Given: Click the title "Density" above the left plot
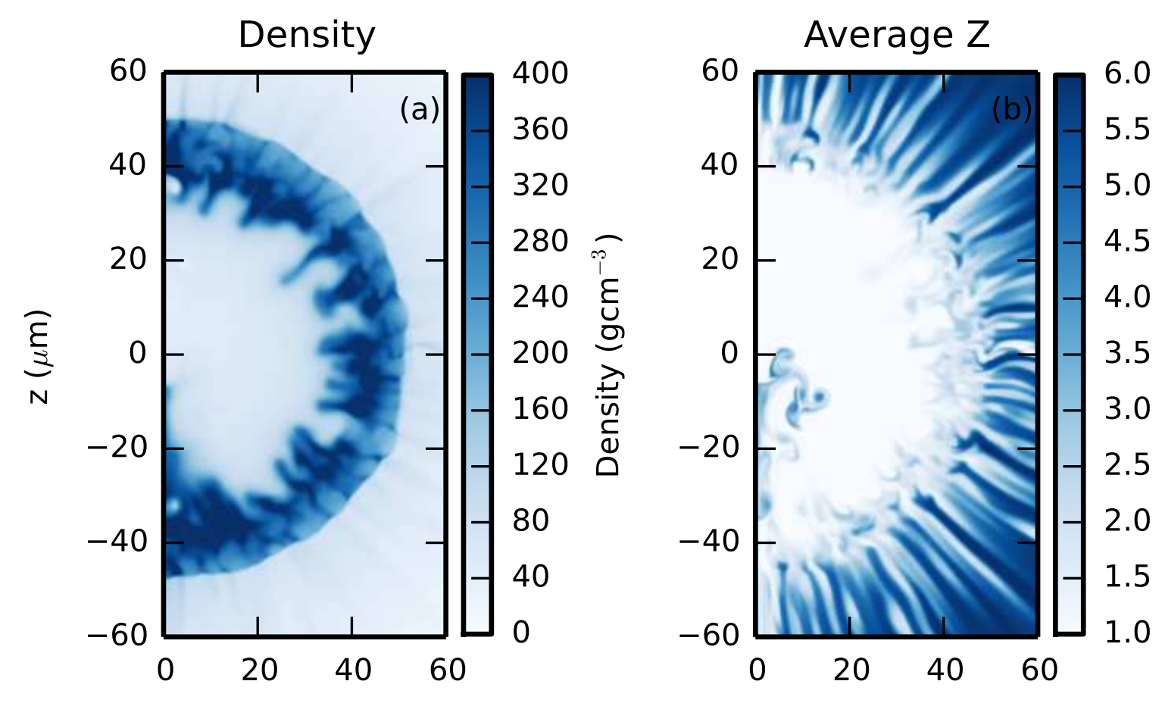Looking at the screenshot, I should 306,35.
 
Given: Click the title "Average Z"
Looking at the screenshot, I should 896,35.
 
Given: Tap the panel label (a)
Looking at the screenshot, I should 420,110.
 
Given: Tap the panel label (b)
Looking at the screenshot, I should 1012,110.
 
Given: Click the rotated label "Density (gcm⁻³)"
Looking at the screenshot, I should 609,355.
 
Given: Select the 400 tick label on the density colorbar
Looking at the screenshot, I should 539,73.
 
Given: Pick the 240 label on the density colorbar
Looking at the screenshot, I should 539,297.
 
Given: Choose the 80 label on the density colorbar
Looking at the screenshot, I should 530,520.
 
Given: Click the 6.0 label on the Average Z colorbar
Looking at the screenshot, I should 1127,73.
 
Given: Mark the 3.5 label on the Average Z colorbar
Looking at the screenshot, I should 1127,353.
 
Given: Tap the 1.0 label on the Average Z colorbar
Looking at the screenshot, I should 1127,633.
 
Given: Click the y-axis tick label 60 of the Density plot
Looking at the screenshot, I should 128,71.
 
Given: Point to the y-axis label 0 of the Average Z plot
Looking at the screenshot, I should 729,353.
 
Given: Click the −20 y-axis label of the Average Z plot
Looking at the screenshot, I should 708,448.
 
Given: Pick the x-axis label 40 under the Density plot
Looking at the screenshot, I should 352,670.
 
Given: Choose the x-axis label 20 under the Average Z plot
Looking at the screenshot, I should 851,670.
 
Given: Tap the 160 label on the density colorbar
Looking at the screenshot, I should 539,409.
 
